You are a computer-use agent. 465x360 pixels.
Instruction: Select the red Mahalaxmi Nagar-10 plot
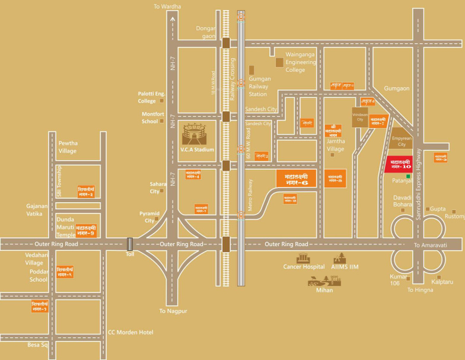(x=397, y=164)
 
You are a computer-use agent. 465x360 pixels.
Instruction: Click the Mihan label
(x=324, y=290)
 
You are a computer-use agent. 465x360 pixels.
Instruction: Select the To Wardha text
(x=167, y=7)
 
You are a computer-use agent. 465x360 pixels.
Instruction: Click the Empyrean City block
(x=401, y=140)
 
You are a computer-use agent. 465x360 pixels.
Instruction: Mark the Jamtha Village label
(x=337, y=144)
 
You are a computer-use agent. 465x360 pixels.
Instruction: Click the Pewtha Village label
(x=71, y=147)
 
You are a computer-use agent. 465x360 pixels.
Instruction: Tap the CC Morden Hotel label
(x=130, y=332)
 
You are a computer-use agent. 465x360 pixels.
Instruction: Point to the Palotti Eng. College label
(x=151, y=97)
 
